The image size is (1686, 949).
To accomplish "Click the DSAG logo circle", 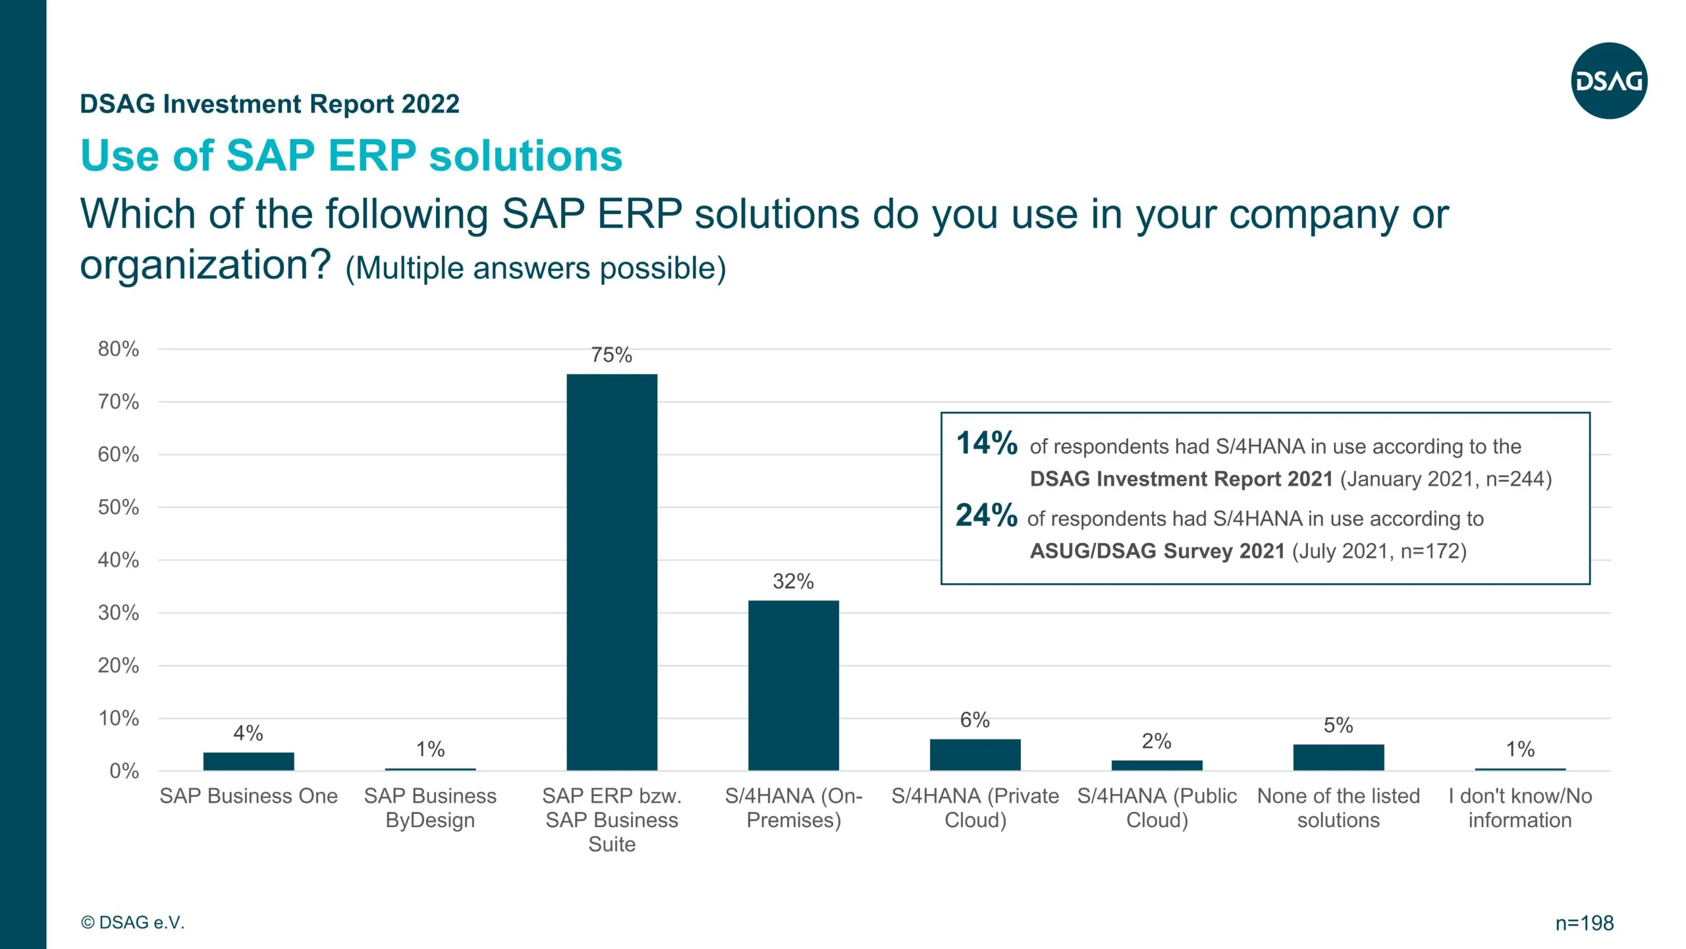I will click(1609, 80).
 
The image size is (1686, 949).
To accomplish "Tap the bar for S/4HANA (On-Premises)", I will click(793, 685).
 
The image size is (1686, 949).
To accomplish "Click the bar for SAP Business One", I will click(248, 761).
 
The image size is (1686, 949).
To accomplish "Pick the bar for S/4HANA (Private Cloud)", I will click(975, 755).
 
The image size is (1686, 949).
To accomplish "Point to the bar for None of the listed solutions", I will click(1338, 757).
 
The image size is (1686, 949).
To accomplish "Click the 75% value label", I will click(611, 355).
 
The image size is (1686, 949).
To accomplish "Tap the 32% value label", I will click(793, 581).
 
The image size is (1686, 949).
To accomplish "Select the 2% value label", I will click(1156, 741).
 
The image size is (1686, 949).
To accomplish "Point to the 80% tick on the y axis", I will click(119, 349).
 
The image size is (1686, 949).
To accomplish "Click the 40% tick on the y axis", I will click(119, 560).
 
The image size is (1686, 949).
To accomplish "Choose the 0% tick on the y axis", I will click(124, 771).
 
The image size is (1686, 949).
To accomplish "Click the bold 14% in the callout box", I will click(987, 444).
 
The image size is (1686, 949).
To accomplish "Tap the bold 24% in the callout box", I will click(987, 515).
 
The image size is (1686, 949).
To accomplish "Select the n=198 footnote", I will click(1585, 923).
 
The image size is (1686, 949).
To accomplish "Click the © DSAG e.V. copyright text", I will click(133, 923).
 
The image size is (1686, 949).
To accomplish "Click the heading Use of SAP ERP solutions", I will click(351, 156).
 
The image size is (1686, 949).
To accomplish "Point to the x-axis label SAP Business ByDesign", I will click(430, 808).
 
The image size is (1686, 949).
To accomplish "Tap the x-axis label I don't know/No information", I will click(1520, 808).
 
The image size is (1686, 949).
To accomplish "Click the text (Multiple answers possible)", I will click(535, 269).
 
